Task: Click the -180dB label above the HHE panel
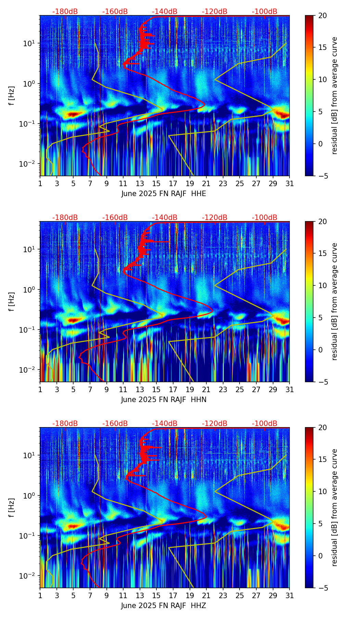point(65,12)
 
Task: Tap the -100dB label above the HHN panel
point(265,218)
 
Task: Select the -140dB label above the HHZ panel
point(165,424)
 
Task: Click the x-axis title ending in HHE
point(164,194)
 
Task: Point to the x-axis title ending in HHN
point(164,400)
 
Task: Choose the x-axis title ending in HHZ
point(164,606)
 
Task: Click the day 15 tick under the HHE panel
point(156,183)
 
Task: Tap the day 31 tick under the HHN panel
point(290,389)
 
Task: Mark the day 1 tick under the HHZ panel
point(40,595)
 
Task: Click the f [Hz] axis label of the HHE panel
point(12,96)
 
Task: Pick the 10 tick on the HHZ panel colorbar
point(322,491)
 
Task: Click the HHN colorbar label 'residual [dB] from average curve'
point(335,301)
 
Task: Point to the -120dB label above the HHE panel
point(215,12)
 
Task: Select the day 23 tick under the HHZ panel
point(223,595)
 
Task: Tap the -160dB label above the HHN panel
point(115,218)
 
